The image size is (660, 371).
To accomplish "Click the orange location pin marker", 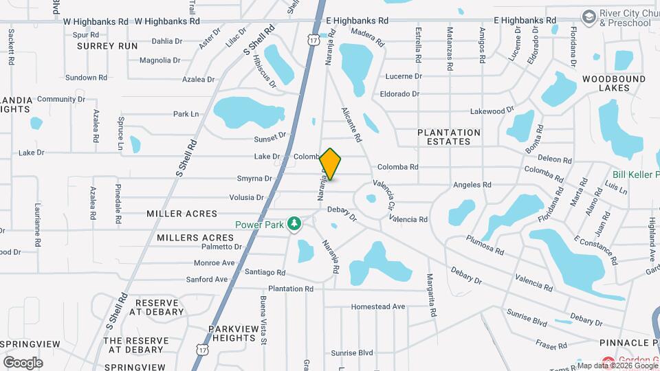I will pyautogui.click(x=331, y=164).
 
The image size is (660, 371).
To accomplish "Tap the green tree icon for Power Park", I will pyautogui.click(x=294, y=223).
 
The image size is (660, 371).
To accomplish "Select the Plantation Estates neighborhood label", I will pyautogui.click(x=449, y=137).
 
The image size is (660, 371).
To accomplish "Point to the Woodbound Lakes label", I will pyautogui.click(x=614, y=84).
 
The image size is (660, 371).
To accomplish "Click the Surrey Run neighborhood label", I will pyautogui.click(x=107, y=46).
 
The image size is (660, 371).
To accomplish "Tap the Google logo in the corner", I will pyautogui.click(x=23, y=362).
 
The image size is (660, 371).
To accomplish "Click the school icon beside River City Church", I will pyautogui.click(x=588, y=16).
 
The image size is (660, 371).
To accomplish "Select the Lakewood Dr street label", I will pyautogui.click(x=492, y=111).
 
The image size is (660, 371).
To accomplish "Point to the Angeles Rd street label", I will pyautogui.click(x=472, y=185).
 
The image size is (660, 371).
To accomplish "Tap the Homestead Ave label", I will pyautogui.click(x=377, y=306).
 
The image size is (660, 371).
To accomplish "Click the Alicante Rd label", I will pyautogui.click(x=351, y=124).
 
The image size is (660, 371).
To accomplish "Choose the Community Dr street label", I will pyautogui.click(x=61, y=99).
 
